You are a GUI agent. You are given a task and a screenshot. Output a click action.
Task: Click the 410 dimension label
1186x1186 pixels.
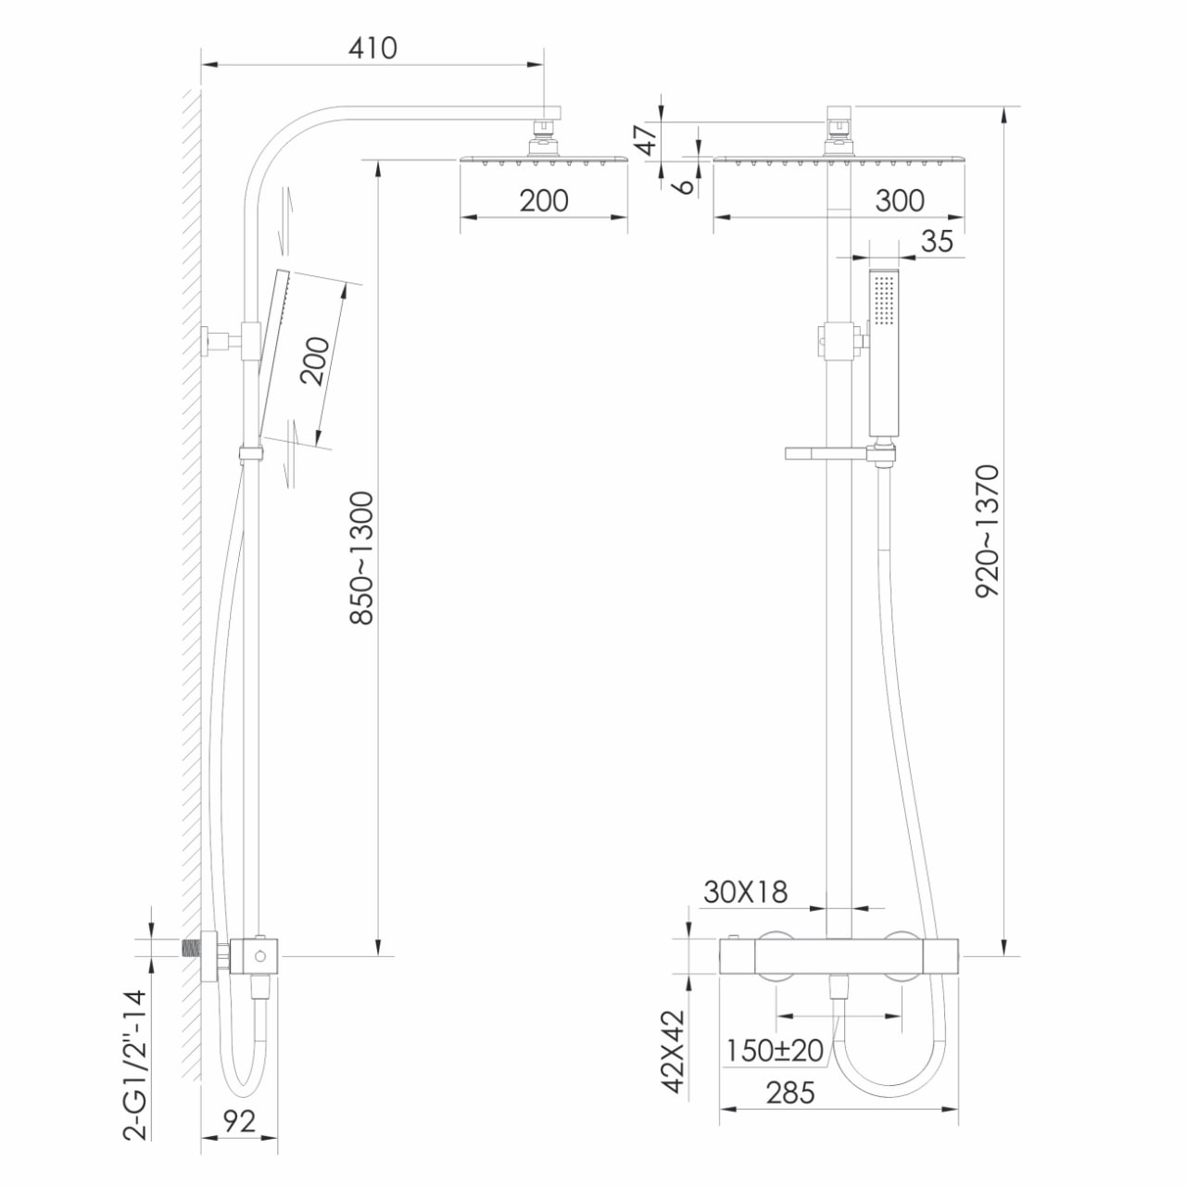click(372, 48)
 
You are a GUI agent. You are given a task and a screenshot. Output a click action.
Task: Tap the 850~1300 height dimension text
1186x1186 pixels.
click(362, 558)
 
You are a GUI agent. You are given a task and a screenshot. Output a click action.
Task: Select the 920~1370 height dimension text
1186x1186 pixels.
click(988, 531)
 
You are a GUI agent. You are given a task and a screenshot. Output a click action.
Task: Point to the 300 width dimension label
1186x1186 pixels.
click(900, 201)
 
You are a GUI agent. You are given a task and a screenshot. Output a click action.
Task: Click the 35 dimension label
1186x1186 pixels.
click(938, 241)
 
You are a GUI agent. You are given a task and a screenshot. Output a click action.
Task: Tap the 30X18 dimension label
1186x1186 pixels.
click(745, 891)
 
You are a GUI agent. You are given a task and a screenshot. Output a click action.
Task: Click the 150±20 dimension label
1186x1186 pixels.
click(775, 1051)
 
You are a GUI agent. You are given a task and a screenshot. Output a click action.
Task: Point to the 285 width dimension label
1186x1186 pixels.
click(790, 1093)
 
